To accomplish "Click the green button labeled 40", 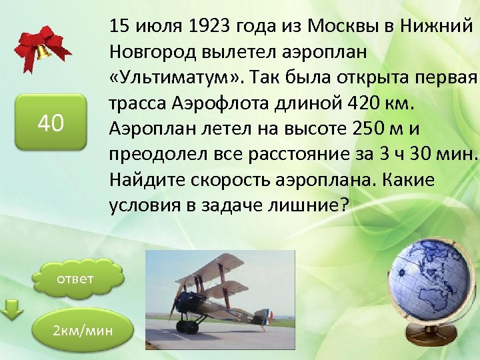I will click(x=51, y=122).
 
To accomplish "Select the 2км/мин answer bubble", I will click(x=83, y=330).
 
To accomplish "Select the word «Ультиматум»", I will click(x=171, y=77).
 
